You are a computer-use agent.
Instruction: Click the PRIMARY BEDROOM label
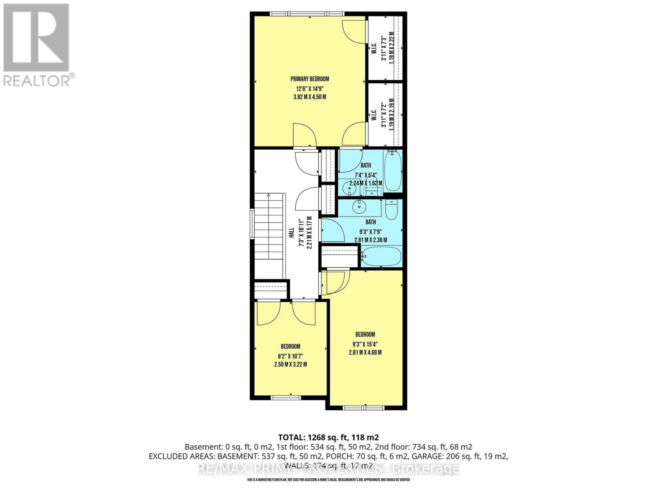coord(310,79)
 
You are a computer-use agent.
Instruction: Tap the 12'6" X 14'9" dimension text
coord(310,88)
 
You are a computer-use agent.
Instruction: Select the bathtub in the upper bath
coord(393,171)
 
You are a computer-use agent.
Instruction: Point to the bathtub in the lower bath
coord(382,256)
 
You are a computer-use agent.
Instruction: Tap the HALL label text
coord(291,234)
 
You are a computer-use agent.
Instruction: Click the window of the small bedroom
coord(286,397)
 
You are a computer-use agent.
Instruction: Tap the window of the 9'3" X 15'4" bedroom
coord(364,408)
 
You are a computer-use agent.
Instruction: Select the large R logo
coord(36,38)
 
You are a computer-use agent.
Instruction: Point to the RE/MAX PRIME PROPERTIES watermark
coord(328,469)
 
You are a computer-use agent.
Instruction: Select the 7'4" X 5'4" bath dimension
coord(365,175)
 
